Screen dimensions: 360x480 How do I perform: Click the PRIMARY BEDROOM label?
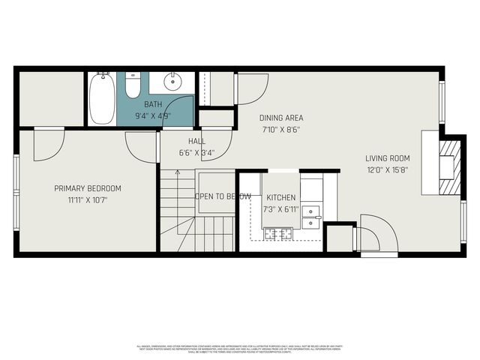click(x=88, y=188)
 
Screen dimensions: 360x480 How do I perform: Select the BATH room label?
click(x=153, y=105)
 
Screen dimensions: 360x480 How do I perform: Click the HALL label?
click(x=196, y=141)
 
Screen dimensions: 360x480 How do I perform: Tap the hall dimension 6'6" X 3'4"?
click(x=196, y=152)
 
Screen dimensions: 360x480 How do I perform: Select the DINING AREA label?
click(x=281, y=118)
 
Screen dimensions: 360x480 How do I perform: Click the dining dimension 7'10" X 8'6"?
click(x=281, y=129)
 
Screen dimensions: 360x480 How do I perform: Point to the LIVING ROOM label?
click(x=388, y=157)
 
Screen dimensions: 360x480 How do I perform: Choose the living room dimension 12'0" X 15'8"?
click(x=388, y=169)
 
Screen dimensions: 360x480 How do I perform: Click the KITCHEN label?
click(x=280, y=197)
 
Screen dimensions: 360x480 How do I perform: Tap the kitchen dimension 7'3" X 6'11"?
click(x=280, y=208)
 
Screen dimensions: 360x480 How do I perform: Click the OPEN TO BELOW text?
click(x=223, y=196)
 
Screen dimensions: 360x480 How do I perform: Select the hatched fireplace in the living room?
click(x=447, y=166)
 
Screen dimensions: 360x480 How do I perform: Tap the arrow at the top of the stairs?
click(x=178, y=173)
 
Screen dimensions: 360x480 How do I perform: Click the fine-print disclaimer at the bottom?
click(x=240, y=348)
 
